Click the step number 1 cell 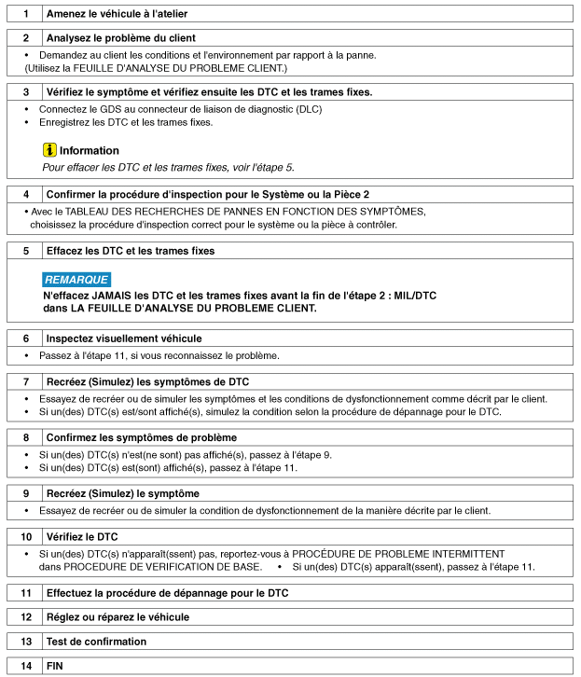click(x=25, y=14)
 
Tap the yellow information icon click(x=49, y=150)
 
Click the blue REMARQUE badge click(x=76, y=279)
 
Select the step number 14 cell click(x=25, y=666)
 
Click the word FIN click(x=55, y=666)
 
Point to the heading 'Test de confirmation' click(x=96, y=642)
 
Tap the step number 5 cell click(x=25, y=252)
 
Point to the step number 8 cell click(x=25, y=437)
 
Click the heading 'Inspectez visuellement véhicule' click(x=124, y=338)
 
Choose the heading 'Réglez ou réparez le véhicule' click(x=118, y=617)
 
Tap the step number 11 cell click(x=25, y=593)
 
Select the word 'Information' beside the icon click(x=90, y=150)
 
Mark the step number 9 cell click(x=25, y=493)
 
